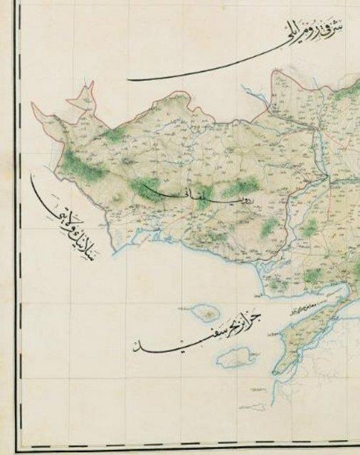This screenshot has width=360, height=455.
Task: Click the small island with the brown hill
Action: [206, 312]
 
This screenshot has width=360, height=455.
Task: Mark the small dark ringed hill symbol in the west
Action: [128, 162]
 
